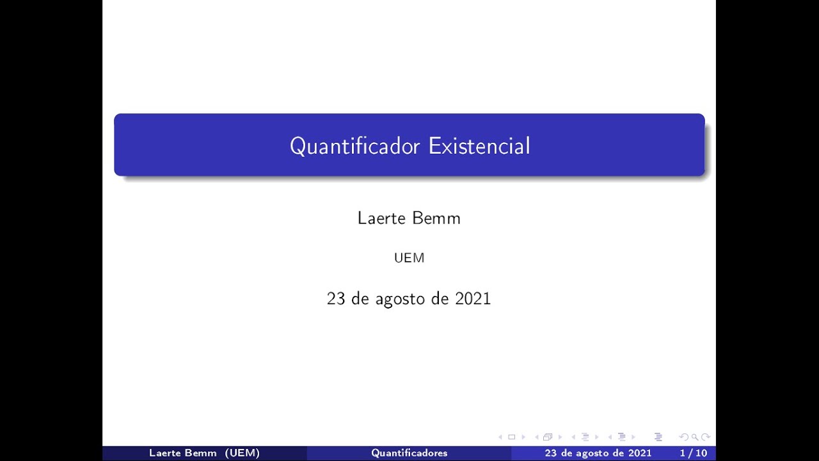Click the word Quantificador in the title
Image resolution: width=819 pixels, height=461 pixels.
356,146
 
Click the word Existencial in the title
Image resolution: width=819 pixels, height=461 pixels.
479,146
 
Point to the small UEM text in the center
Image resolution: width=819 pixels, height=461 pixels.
409,258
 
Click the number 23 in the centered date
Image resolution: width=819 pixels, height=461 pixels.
336,299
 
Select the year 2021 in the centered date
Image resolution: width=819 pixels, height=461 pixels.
473,299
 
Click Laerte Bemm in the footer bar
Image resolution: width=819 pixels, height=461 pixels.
183,453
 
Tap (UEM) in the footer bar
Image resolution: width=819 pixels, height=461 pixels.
243,453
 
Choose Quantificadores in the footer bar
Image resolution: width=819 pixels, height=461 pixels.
409,453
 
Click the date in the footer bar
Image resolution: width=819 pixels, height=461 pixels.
598,453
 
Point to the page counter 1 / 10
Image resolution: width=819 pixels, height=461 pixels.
694,453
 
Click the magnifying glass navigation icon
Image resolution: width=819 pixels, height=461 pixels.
694,437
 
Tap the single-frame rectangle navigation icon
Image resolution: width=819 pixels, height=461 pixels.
511,437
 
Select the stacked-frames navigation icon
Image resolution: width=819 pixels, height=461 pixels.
548,437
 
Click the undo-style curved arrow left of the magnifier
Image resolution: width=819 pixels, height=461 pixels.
684,437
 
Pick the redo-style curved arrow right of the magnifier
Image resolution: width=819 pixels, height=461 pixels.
705,437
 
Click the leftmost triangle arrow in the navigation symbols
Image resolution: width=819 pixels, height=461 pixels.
500,437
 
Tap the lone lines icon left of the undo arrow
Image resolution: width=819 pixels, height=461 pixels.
658,437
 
